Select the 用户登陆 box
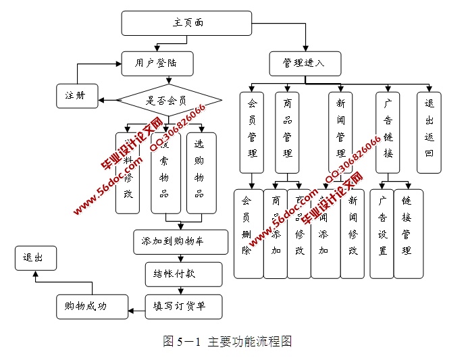[158, 64]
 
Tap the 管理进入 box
[304, 63]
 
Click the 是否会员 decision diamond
[170, 101]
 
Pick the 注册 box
[77, 95]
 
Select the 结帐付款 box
[183, 274]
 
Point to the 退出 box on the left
[36, 258]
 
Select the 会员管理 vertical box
[252, 132]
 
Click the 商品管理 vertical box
[288, 132]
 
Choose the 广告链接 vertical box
[388, 132]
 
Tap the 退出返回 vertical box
[429, 132]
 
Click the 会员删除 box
[247, 234]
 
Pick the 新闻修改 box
[352, 234]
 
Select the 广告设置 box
[382, 234]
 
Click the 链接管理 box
[408, 234]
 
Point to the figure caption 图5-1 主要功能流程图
[227, 341]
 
